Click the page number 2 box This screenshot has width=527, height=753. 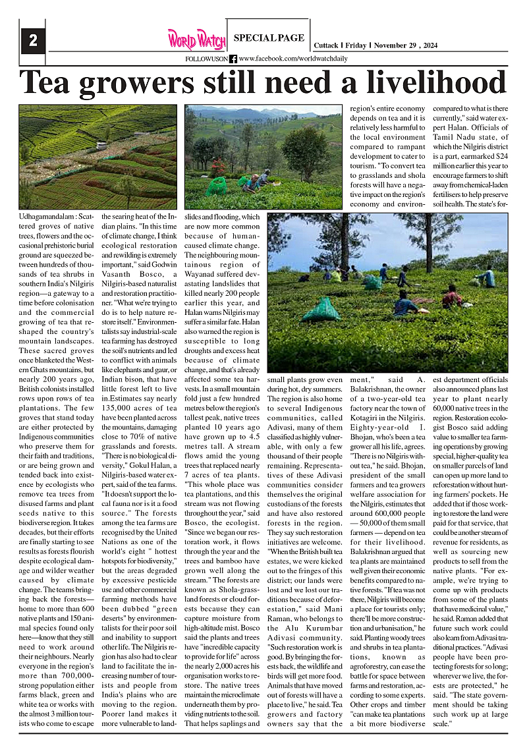tap(32, 41)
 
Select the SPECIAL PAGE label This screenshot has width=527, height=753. tap(269, 38)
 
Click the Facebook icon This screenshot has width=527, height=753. tap(233, 59)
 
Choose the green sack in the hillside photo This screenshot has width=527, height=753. tap(216, 187)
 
